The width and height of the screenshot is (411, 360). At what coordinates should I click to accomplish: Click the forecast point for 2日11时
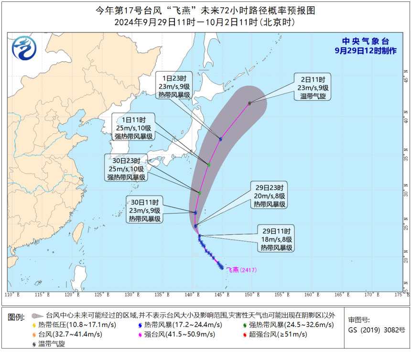(249, 103)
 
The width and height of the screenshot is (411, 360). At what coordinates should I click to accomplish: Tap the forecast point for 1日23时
(220, 139)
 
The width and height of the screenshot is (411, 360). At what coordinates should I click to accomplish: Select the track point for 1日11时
(209, 165)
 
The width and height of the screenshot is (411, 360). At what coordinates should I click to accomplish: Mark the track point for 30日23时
(199, 193)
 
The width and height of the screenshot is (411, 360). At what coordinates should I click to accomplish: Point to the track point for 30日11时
(195, 212)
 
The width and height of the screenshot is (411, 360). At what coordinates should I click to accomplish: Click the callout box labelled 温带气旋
(311, 87)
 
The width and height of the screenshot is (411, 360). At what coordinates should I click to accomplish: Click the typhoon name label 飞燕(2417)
(242, 270)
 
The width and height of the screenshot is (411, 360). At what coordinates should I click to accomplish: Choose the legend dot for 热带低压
(34, 325)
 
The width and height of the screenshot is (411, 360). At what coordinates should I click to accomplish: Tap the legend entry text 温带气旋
(52, 344)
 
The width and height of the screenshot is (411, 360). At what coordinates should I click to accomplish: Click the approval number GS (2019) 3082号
(376, 330)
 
